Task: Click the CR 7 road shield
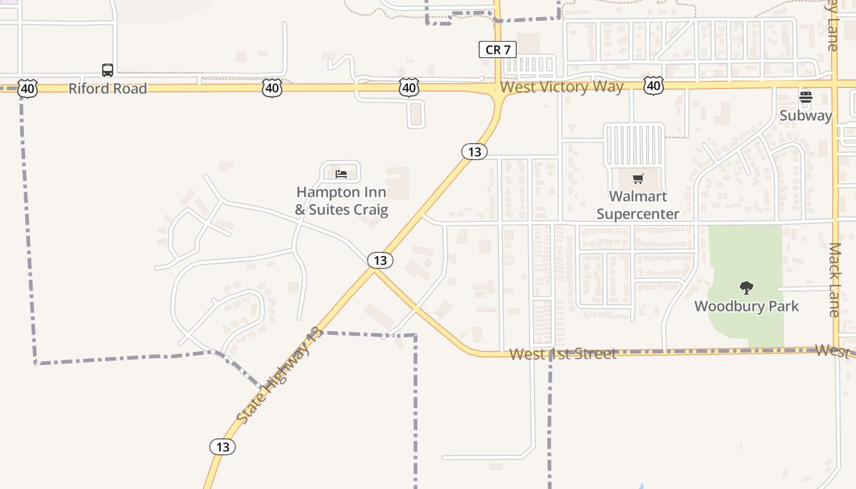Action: [498, 50]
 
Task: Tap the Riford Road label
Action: [108, 89]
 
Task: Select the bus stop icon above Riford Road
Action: [108, 70]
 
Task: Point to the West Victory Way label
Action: [562, 87]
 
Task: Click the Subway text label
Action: [806, 116]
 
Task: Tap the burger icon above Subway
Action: [806, 97]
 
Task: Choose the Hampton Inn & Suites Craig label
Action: [341, 201]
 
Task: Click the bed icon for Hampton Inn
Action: [341, 174]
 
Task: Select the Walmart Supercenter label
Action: [638, 205]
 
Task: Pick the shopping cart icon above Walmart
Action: [638, 179]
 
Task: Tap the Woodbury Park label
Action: [747, 306]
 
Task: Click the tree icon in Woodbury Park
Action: [746, 288]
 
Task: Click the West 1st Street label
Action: [563, 354]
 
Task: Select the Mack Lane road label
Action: [835, 279]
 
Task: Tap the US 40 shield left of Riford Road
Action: [28, 89]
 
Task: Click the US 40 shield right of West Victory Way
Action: [654, 86]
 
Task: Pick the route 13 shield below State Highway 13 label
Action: [223, 447]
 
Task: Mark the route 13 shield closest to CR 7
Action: [474, 151]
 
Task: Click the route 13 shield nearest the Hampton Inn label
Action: [380, 260]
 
